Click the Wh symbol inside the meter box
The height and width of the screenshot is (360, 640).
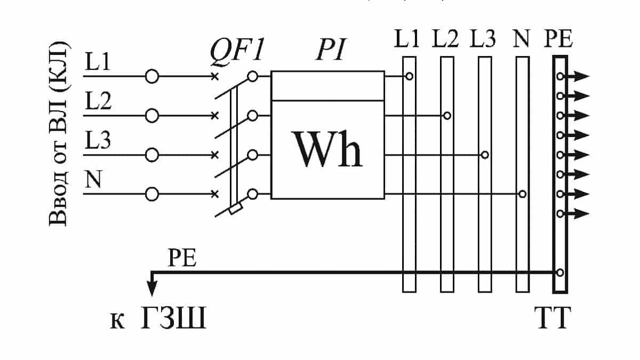[327, 149]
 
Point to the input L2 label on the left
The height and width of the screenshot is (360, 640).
[98, 102]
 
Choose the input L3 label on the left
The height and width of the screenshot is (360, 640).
[98, 142]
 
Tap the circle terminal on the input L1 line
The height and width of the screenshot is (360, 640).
[152, 77]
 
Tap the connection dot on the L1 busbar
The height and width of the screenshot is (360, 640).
[409, 76]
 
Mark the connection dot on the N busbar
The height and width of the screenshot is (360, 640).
[523, 194]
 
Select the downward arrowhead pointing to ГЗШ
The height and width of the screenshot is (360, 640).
[153, 287]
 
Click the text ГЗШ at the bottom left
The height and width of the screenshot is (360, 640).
[173, 322]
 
